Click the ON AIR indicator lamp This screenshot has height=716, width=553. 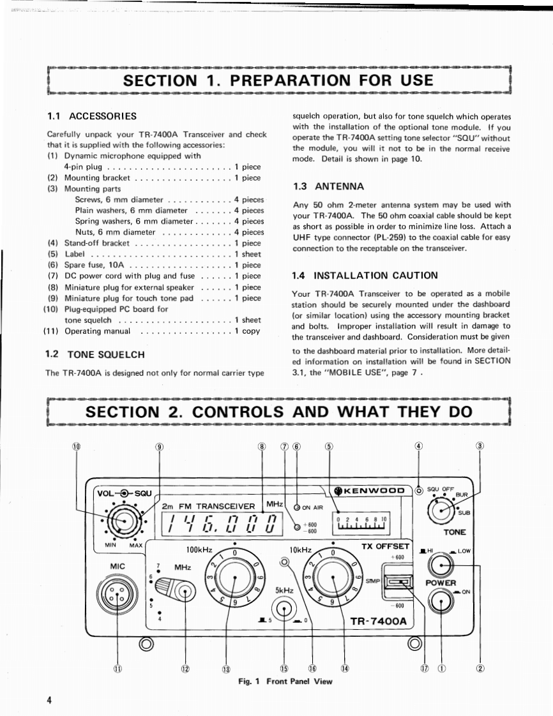tap(297, 508)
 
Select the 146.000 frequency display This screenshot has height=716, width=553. tap(221, 525)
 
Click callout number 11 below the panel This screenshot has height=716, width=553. tap(117, 669)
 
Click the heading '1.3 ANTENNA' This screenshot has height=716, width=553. tap(328, 186)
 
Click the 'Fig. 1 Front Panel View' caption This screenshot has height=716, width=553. tap(285, 682)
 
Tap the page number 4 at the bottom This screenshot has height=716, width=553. tap(49, 699)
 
